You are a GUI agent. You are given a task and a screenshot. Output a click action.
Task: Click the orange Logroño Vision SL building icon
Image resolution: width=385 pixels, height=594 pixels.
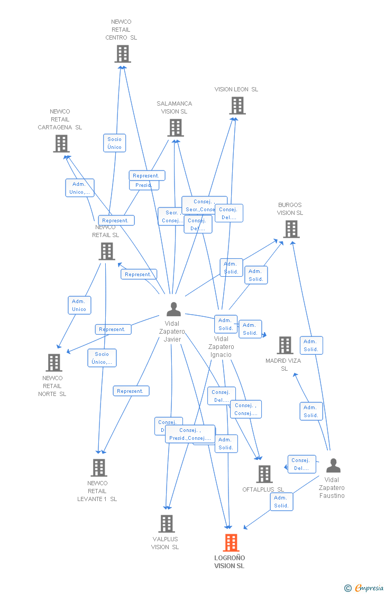(x=231, y=542)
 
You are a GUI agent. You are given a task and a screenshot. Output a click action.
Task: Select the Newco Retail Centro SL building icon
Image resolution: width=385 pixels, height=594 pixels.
(x=123, y=54)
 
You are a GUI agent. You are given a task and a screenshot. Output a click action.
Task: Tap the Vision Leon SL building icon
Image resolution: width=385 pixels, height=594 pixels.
(x=237, y=106)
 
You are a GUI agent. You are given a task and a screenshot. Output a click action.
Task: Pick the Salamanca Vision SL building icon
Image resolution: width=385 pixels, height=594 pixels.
(x=176, y=128)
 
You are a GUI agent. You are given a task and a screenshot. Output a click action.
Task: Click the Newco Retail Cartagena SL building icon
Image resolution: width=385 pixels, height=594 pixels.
(x=61, y=143)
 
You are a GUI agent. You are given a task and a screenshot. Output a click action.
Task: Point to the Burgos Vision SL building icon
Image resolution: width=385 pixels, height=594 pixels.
(x=291, y=229)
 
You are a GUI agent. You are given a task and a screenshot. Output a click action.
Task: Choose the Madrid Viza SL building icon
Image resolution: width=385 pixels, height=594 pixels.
(x=285, y=345)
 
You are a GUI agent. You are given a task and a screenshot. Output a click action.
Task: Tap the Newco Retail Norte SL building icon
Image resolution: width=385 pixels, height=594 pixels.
(x=53, y=363)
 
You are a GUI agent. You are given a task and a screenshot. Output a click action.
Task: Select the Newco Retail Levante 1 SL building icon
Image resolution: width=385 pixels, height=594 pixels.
(x=98, y=468)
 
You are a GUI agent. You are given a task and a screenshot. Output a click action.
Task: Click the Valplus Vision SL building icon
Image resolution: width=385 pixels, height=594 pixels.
(x=167, y=524)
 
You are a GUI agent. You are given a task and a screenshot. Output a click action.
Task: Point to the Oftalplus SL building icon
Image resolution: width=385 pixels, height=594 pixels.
(x=264, y=474)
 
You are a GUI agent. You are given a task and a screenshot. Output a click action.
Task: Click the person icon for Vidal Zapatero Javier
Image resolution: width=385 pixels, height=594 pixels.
(x=173, y=309)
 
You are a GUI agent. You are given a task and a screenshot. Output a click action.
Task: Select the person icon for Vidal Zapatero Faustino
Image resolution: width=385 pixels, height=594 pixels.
(x=333, y=466)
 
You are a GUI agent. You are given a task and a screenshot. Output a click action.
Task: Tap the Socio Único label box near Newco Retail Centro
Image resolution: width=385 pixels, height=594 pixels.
(x=114, y=143)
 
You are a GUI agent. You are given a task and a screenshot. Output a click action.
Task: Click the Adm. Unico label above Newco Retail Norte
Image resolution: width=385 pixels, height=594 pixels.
(x=79, y=305)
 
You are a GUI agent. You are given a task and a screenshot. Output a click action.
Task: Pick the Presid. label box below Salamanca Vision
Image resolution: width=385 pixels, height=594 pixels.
(x=143, y=185)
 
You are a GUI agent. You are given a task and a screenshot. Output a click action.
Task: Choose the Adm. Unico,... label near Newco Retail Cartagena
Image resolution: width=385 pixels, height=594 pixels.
(x=80, y=188)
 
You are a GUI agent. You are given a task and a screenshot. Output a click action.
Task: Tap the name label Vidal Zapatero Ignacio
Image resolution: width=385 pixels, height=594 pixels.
(x=221, y=346)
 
